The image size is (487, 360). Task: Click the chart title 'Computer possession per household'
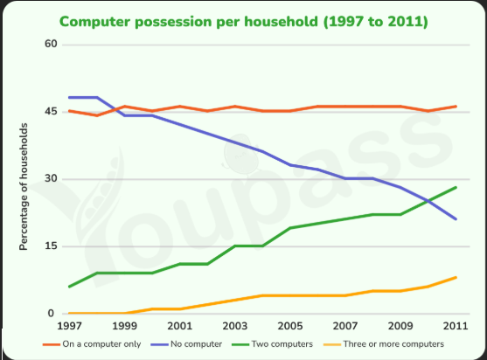[x=189, y=22]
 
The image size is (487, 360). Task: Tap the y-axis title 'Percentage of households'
[x=24, y=187]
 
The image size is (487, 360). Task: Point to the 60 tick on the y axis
[x=51, y=44]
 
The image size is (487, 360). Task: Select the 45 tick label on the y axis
[x=51, y=111]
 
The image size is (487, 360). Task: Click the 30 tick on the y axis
[x=51, y=178]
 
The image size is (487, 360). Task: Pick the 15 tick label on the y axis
[x=51, y=246]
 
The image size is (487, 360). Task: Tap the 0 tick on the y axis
[x=51, y=313]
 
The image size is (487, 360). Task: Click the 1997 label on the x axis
[x=69, y=326]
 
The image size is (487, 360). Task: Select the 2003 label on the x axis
[x=235, y=326]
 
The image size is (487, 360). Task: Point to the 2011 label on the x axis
[x=456, y=326]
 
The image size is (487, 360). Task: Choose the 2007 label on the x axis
[x=345, y=326]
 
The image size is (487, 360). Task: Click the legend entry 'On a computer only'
[x=92, y=344]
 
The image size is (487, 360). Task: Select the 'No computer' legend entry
[x=186, y=344]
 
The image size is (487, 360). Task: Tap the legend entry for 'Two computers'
[x=273, y=344]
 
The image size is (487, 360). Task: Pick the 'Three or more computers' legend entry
[x=384, y=344]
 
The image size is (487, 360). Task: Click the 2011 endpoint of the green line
[x=456, y=188]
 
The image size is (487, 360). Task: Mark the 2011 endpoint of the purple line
[x=456, y=219]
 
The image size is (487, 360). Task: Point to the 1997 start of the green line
[x=69, y=287]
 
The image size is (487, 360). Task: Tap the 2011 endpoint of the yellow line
[x=456, y=278]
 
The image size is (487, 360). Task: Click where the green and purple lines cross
[x=428, y=201]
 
